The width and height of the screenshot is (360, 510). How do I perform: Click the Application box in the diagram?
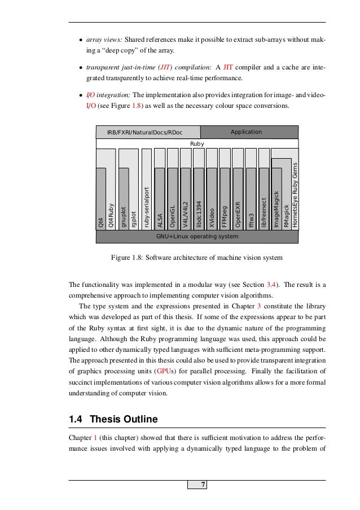(x=247, y=132)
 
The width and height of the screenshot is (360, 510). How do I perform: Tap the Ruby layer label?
(x=197, y=144)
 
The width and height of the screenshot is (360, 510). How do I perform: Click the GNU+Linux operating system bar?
(x=197, y=236)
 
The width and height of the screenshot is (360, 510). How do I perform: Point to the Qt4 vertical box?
(x=101, y=198)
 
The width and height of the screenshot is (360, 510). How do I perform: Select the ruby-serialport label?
(x=147, y=207)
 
